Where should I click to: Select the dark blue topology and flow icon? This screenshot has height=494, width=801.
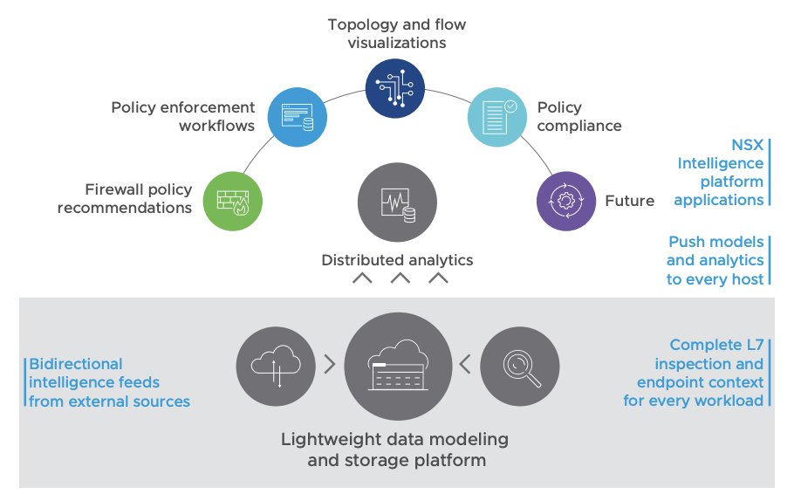tap(394, 87)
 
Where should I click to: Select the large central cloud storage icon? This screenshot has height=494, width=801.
tap(394, 367)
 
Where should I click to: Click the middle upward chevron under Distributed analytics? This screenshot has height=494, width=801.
tap(400, 279)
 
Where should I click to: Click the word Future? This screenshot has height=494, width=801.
tap(629, 201)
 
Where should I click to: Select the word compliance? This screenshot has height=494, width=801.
tap(578, 126)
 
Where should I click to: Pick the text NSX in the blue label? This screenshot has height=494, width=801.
tap(747, 145)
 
